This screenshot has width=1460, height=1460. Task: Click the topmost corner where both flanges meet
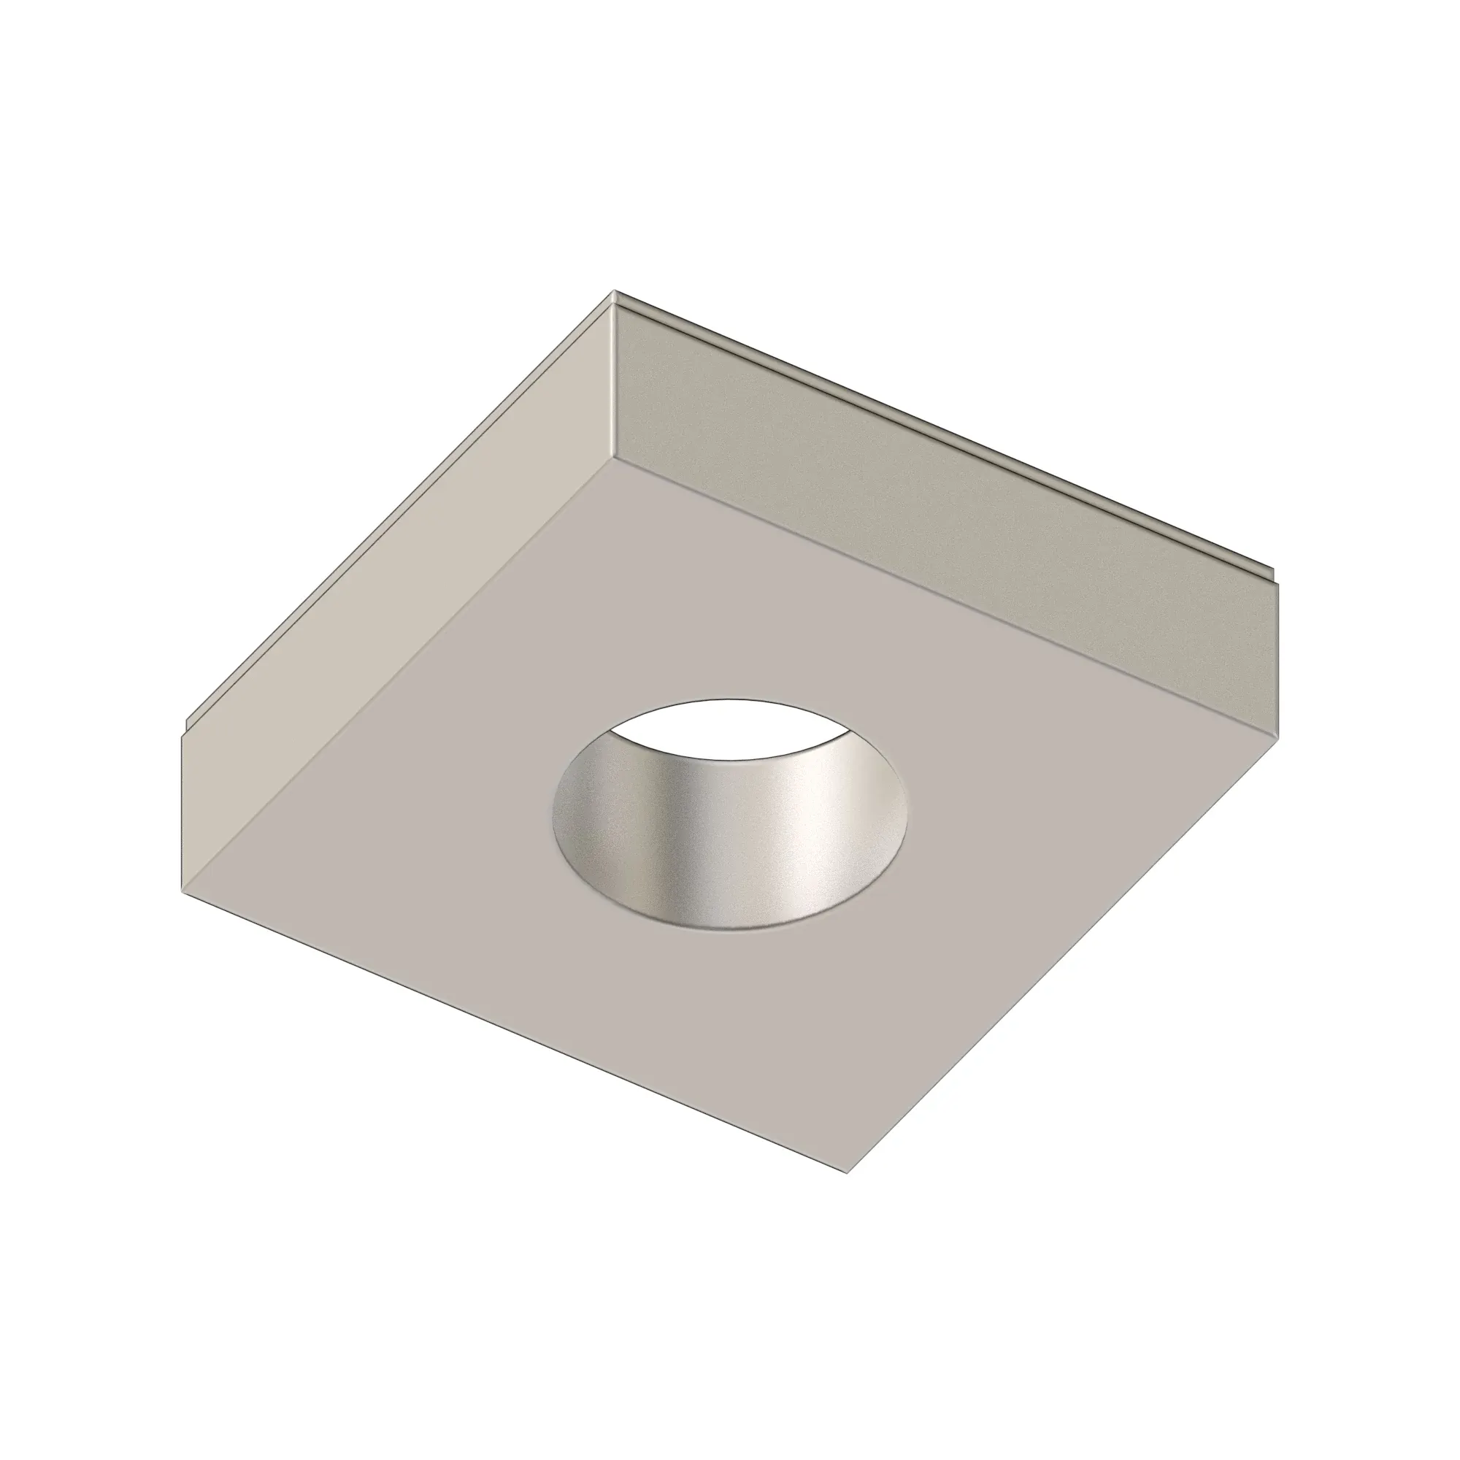click(615, 293)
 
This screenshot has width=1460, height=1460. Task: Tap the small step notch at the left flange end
click(187, 727)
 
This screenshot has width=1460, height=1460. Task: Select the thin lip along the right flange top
click(945, 431)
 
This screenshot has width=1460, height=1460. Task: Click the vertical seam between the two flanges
click(615, 378)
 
